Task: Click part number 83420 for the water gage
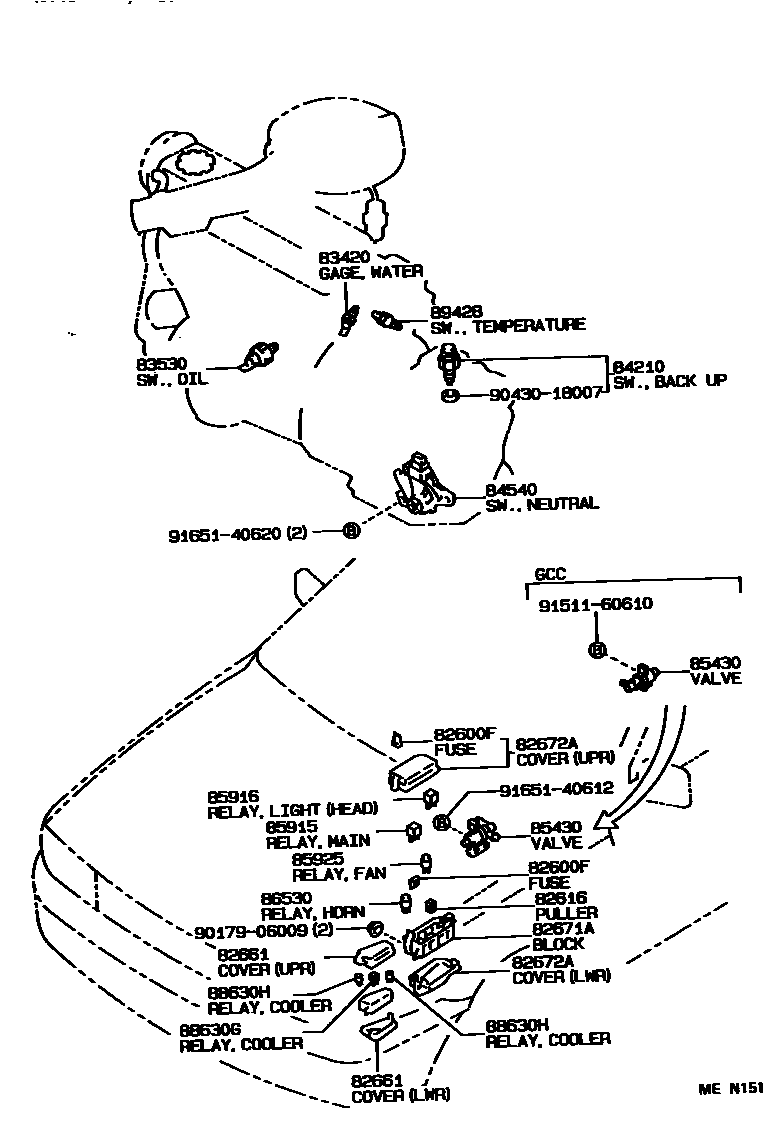coord(342,257)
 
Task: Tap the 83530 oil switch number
coord(157,365)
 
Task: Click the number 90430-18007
coord(546,393)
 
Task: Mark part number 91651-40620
coord(224,534)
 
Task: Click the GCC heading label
coord(549,576)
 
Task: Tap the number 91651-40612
coord(555,788)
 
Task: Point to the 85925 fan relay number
coord(318,859)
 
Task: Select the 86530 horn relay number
coord(286,898)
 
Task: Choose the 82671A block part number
coord(563,929)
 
